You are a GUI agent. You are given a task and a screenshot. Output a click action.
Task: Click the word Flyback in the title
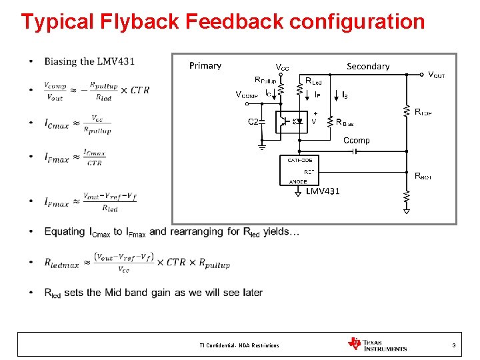(x=133, y=21)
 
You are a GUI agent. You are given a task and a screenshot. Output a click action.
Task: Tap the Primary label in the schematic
(x=205, y=65)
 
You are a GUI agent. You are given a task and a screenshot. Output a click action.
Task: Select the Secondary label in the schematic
(x=368, y=66)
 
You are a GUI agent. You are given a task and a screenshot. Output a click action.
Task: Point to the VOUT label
(x=436, y=75)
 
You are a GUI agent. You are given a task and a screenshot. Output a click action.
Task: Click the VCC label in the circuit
(x=283, y=67)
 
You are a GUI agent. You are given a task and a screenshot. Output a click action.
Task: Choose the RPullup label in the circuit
(x=270, y=81)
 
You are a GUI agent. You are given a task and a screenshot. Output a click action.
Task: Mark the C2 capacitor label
(x=254, y=122)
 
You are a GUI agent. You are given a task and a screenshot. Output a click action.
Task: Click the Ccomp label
(x=356, y=141)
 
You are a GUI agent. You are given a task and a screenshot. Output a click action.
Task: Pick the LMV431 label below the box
(x=323, y=191)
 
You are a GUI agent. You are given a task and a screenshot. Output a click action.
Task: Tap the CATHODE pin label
(x=300, y=160)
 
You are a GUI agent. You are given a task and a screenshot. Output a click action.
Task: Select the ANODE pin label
(x=298, y=181)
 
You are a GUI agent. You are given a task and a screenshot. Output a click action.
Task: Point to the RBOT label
(x=423, y=176)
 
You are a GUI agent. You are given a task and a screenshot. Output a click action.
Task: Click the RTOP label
(x=423, y=112)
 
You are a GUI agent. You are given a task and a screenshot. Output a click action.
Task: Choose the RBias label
(x=345, y=123)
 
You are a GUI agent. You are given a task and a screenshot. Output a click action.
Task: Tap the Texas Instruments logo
(x=377, y=344)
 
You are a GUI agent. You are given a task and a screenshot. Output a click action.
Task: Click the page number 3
(x=453, y=345)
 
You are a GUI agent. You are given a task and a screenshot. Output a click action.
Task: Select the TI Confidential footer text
(x=239, y=345)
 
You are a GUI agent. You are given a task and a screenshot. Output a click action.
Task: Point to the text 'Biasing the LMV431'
(x=89, y=62)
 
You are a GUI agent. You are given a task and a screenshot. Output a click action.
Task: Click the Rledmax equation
(x=137, y=261)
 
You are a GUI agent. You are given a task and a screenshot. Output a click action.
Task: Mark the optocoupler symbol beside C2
(x=292, y=122)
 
